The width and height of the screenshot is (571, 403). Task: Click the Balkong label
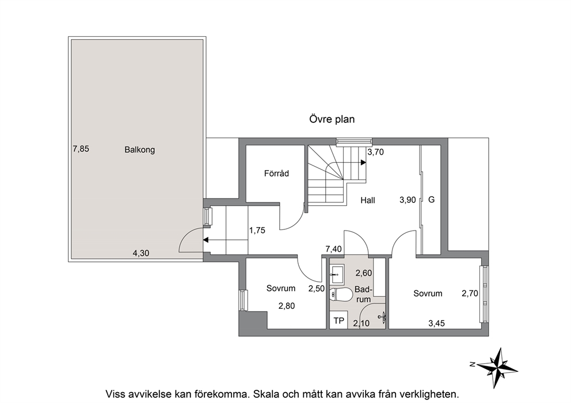(139, 150)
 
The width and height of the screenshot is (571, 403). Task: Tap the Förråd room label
(276, 174)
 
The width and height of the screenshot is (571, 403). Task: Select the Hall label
(368, 200)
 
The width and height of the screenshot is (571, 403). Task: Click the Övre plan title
(332, 120)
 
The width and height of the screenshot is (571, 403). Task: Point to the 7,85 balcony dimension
(81, 149)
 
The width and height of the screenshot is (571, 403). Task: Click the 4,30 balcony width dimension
(141, 253)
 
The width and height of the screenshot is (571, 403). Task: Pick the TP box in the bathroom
(338, 321)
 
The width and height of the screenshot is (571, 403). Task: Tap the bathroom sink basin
(337, 274)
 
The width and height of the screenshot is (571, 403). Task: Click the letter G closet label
(432, 199)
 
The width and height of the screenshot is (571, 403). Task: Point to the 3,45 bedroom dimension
(436, 323)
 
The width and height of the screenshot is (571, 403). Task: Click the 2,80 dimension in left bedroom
(287, 306)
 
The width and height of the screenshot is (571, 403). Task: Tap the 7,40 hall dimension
(334, 249)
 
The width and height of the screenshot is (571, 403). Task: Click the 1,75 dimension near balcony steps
(257, 230)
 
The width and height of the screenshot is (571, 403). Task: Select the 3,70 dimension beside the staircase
(375, 152)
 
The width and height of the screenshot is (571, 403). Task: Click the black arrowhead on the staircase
(363, 163)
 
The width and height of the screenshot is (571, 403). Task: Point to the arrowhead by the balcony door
(205, 240)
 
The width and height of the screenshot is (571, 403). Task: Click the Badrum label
(363, 294)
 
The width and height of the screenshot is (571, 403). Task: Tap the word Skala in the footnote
(267, 394)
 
